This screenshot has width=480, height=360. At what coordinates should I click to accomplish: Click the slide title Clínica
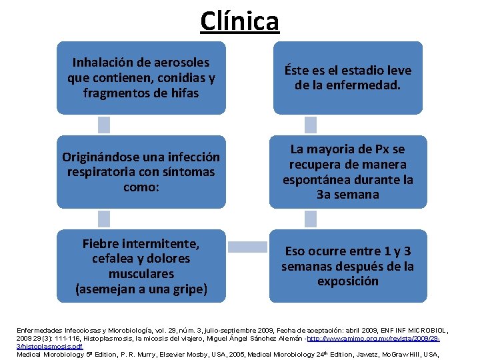tap(239, 21)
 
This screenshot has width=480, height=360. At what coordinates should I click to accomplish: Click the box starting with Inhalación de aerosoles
tap(141, 78)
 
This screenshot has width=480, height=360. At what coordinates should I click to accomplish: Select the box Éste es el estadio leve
tap(347, 78)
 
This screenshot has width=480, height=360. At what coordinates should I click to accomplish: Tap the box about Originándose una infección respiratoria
tap(141, 172)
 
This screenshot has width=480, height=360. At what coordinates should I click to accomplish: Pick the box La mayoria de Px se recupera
tap(347, 172)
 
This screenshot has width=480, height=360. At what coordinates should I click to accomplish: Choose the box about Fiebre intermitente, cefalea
tap(141, 266)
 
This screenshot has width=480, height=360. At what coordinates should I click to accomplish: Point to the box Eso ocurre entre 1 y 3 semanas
tap(347, 266)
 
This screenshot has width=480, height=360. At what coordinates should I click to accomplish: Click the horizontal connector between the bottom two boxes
tap(247, 247)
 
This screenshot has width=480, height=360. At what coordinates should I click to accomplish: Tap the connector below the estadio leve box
tap(310, 125)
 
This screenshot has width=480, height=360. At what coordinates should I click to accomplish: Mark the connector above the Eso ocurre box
tap(310, 219)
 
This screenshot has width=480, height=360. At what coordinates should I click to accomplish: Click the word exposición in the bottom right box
tap(347, 281)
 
